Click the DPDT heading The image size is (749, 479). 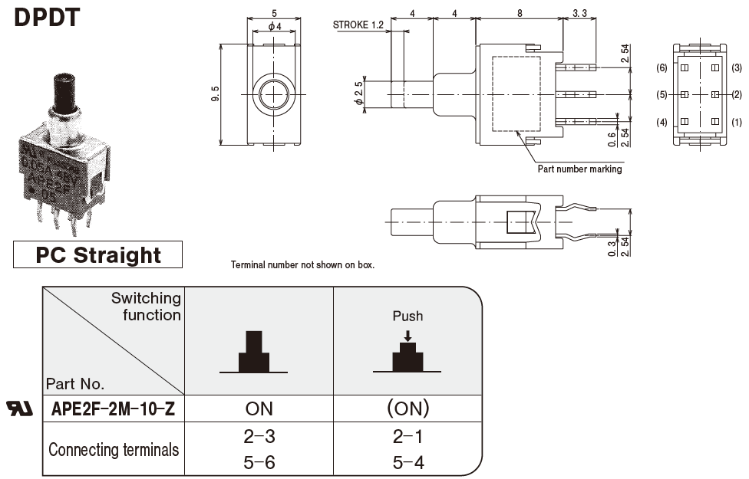click(x=47, y=16)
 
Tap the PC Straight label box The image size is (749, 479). click(x=98, y=255)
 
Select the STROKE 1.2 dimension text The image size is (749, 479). click(x=358, y=25)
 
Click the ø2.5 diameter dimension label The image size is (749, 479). click(x=358, y=94)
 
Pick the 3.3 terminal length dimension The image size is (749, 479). click(x=580, y=12)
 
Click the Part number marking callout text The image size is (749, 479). click(x=579, y=169)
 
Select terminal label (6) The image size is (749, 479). click(x=662, y=67)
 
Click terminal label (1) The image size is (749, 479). click(x=737, y=122)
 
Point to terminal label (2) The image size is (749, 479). click(x=737, y=94)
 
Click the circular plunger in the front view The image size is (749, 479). click(x=272, y=94)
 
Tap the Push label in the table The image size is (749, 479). click(x=407, y=316)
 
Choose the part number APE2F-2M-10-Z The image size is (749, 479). click(x=113, y=409)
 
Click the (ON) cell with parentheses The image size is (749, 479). click(x=407, y=409)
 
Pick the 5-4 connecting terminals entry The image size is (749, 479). click(x=407, y=462)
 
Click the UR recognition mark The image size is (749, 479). click(x=20, y=408)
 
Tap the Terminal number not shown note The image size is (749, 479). click(x=302, y=265)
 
